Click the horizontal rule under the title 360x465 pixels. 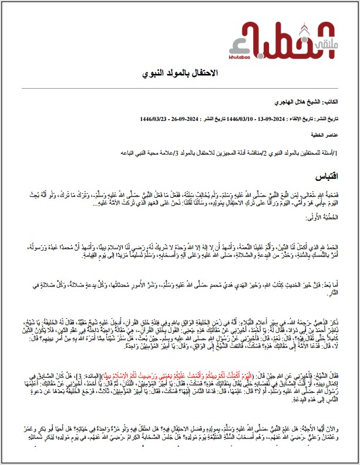pyautogui.click(x=180, y=87)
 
